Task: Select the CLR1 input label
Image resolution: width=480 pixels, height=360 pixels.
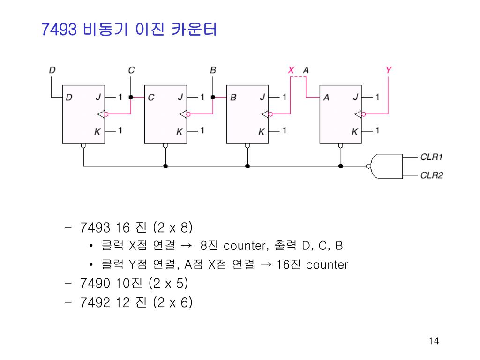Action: point(431,157)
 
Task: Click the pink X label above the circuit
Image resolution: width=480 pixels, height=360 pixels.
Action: point(291,70)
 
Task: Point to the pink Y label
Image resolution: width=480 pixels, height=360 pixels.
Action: point(388,70)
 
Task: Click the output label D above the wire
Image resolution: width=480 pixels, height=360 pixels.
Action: point(52,70)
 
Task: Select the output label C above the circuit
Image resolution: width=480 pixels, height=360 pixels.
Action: point(131,70)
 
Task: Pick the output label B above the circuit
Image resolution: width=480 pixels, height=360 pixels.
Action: point(213,70)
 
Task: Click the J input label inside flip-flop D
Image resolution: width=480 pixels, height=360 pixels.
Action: point(98,97)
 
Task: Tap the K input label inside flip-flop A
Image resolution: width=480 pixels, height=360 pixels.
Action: point(355,132)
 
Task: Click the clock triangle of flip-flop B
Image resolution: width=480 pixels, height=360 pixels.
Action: point(265,114)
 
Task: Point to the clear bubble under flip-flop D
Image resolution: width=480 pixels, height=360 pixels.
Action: point(83,146)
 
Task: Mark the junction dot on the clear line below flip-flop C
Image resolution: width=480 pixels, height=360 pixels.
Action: point(165,166)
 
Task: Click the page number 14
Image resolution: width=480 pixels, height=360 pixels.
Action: point(434,341)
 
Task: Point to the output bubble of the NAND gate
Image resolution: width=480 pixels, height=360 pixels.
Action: point(368,166)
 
